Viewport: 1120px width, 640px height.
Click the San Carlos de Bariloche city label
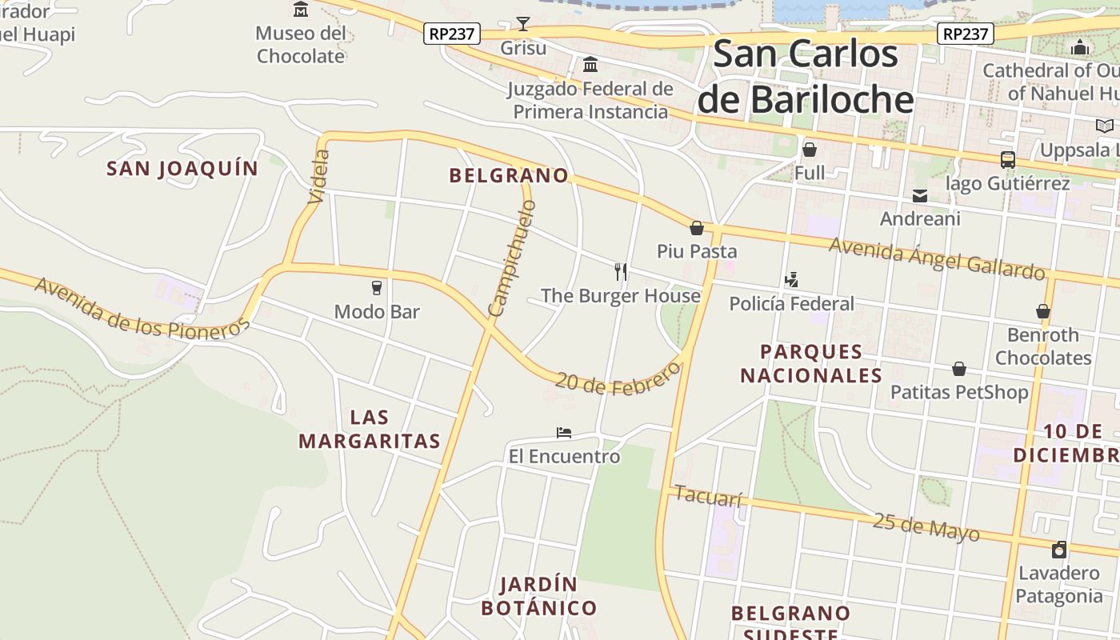[805, 77]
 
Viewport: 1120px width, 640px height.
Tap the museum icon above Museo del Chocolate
[301, 10]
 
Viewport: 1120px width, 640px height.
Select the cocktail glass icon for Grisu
[523, 24]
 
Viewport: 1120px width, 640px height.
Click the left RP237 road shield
[451, 34]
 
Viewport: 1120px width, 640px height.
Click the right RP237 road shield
[966, 34]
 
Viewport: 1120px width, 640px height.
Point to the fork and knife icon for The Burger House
[620, 271]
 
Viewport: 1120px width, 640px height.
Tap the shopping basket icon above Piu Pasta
[697, 228]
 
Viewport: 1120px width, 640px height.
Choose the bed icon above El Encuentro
[564, 433]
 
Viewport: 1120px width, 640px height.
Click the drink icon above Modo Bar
[377, 287]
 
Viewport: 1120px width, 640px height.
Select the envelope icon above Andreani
[920, 196]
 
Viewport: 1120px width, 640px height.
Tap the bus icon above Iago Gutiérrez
[1007, 160]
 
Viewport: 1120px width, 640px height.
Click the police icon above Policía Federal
[791, 279]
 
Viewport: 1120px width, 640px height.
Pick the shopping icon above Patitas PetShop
[958, 369]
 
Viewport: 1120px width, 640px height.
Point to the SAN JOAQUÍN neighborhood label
[182, 169]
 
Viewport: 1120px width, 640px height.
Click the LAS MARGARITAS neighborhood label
[370, 429]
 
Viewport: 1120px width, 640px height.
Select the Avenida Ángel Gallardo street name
[936, 258]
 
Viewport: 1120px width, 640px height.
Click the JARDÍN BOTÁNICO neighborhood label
[538, 596]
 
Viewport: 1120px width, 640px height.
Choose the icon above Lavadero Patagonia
[1059, 550]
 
